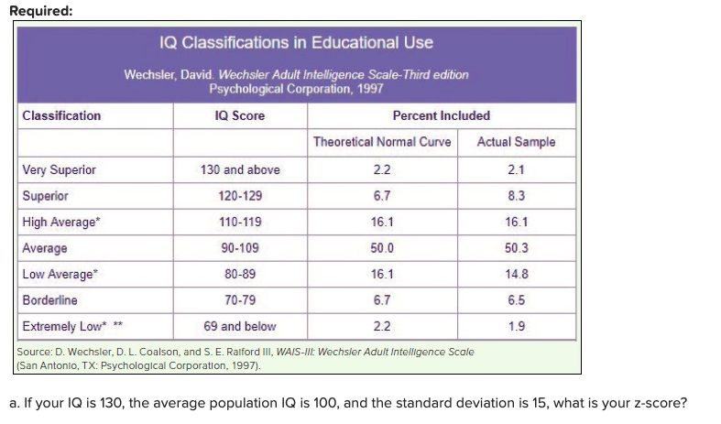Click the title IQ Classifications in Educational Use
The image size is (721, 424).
click(296, 43)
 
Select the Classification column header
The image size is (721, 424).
click(61, 115)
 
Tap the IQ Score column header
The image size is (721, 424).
click(239, 115)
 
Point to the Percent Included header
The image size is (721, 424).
click(441, 115)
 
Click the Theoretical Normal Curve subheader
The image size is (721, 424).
click(382, 142)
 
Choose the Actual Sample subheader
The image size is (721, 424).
click(516, 142)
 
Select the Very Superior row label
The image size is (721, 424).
click(59, 169)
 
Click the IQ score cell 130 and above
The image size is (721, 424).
click(240, 169)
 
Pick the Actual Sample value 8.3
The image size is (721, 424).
click(516, 196)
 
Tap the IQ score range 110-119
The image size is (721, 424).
click(240, 222)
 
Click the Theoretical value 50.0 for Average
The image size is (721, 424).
click(382, 248)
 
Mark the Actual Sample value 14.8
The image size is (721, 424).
click(516, 274)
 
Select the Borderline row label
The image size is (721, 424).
click(49, 299)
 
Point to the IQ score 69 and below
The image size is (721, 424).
click(240, 326)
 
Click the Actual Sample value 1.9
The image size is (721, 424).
click(516, 326)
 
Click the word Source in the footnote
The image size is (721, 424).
click(38, 352)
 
